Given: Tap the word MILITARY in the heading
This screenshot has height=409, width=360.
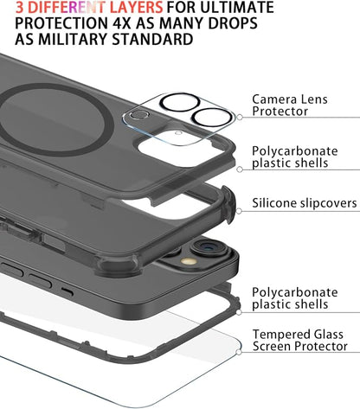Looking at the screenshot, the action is pos(74,39).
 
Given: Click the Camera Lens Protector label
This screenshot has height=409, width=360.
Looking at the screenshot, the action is pos(290,105).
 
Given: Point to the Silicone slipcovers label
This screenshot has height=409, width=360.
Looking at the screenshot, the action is pos(305,203).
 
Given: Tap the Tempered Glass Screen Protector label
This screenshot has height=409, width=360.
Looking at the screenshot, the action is pos(300,341).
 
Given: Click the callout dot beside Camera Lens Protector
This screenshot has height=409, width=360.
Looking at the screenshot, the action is pos(240,118).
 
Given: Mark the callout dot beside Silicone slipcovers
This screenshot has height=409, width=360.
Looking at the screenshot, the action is pos(239,211).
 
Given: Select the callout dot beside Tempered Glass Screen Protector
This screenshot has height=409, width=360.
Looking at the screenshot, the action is pos(239,352).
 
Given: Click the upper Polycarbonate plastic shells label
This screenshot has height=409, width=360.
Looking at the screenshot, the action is pos(294,157).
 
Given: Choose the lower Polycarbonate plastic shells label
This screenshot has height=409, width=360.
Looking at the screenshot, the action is pos(294,298).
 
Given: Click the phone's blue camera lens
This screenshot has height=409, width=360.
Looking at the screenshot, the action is pos(207,246).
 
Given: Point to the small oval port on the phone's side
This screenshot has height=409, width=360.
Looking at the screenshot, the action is pos(67,292).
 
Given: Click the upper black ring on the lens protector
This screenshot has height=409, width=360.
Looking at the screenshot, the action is pos(179,102).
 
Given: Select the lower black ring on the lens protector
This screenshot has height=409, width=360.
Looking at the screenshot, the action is pos(212,117).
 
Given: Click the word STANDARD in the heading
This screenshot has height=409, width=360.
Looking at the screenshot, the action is pos(152,39).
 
